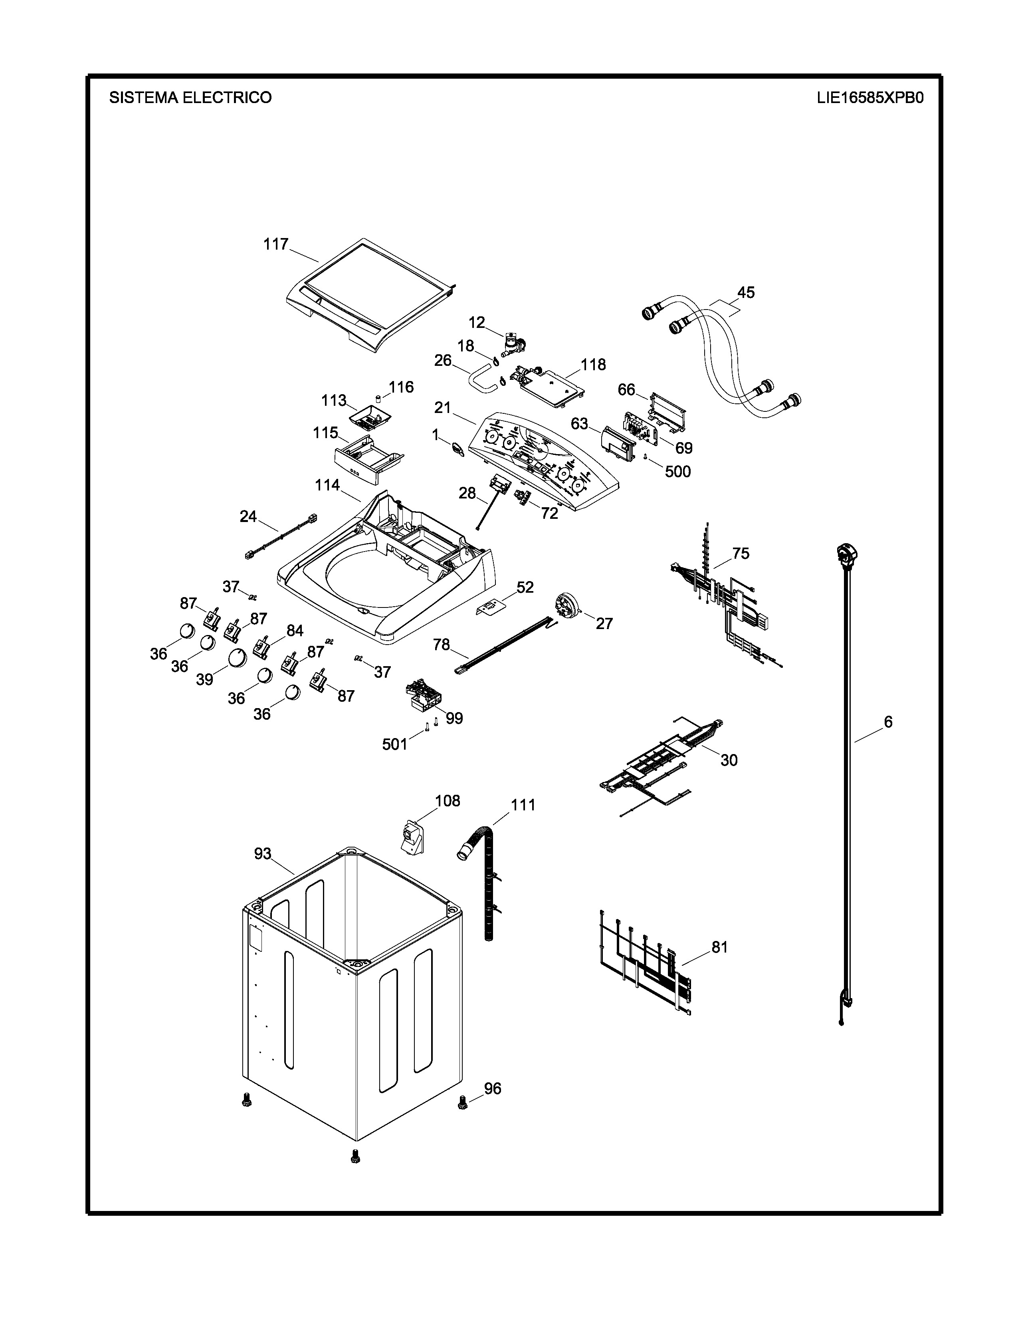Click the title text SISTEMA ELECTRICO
[190, 98]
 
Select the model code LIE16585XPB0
[869, 98]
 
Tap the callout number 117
[275, 244]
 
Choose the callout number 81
[719, 947]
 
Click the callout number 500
[677, 471]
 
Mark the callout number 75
[741, 554]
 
